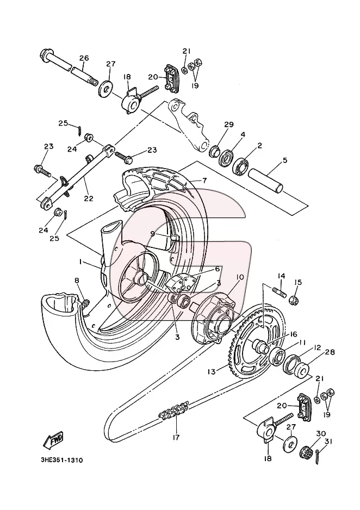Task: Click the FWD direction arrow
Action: [x=53, y=440]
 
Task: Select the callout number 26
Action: [x=84, y=59]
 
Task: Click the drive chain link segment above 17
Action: [x=173, y=410]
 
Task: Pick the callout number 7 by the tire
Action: [x=204, y=180]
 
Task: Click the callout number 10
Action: [x=240, y=277]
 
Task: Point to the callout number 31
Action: [x=329, y=441]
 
